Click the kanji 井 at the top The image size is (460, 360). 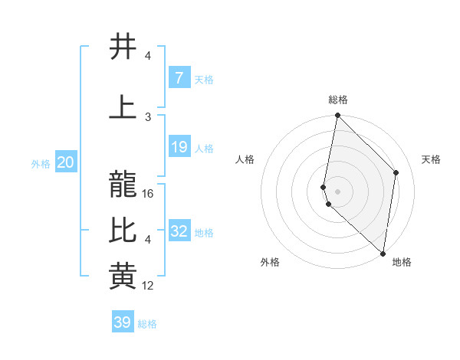[x=123, y=47]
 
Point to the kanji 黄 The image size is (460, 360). [x=123, y=277]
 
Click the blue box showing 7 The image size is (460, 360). [x=179, y=78]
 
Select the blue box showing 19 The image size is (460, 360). [x=179, y=147]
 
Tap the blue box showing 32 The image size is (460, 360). [x=179, y=231]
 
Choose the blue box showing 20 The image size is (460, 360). [x=65, y=162]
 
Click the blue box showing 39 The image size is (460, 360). [x=122, y=322]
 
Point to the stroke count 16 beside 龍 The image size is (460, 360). [x=149, y=194]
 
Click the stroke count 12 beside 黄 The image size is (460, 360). [x=149, y=286]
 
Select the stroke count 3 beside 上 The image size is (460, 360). [x=148, y=117]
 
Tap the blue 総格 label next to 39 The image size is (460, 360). [x=147, y=324]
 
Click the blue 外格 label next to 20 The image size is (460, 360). [x=41, y=164]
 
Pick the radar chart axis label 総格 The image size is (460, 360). [x=337, y=100]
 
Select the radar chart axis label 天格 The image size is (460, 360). [x=431, y=159]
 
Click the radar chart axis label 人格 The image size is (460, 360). [x=245, y=159]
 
